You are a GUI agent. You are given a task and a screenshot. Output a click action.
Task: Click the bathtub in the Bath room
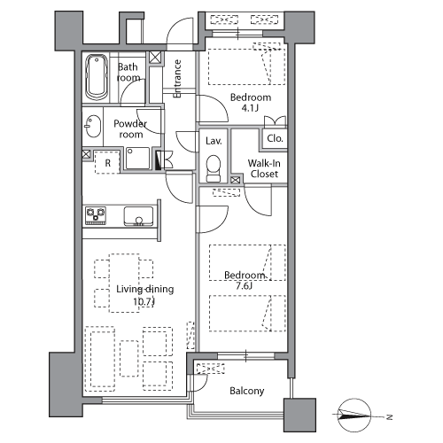coord(97,77)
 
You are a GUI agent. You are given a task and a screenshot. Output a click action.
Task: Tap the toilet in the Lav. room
coord(214,168)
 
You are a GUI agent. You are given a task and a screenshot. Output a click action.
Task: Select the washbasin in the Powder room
coord(93,126)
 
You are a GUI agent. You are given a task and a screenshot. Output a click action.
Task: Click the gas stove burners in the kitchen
coord(96,216)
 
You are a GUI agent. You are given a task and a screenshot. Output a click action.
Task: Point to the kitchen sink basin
coord(138,216)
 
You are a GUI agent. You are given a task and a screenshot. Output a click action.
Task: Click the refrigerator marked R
coord(107,162)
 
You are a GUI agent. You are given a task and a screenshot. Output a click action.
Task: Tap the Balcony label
coord(247,391)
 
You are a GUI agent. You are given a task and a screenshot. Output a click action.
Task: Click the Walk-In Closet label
coord(264,168)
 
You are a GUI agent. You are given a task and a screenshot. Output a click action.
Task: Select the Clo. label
coord(275,138)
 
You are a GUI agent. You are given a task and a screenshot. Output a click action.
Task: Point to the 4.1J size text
coord(250,108)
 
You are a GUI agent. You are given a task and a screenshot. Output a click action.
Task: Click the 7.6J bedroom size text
coord(244,286)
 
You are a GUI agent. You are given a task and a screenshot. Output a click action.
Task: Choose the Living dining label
coord(144,289)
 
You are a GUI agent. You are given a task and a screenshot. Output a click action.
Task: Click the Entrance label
coord(177,79)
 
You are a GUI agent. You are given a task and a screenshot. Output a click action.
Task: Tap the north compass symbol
coord(354,415)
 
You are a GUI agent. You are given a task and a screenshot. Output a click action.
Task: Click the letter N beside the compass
coord(390,417)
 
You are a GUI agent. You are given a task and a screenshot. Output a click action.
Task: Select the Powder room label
coord(130,128)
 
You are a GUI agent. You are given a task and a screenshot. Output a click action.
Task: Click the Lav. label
coord(214,141)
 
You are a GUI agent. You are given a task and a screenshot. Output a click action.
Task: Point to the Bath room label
coord(128,72)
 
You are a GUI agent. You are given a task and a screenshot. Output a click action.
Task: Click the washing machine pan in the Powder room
coord(137,159)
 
